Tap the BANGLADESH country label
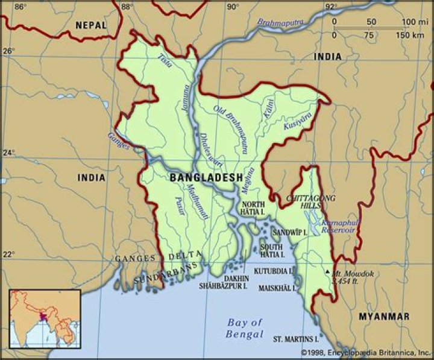point(206,178)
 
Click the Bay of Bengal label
point(245,328)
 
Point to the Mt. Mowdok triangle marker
point(327,272)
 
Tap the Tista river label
point(164,60)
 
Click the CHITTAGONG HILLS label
point(311,202)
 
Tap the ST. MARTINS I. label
point(296,338)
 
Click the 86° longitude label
point(20,7)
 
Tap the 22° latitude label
point(8,254)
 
